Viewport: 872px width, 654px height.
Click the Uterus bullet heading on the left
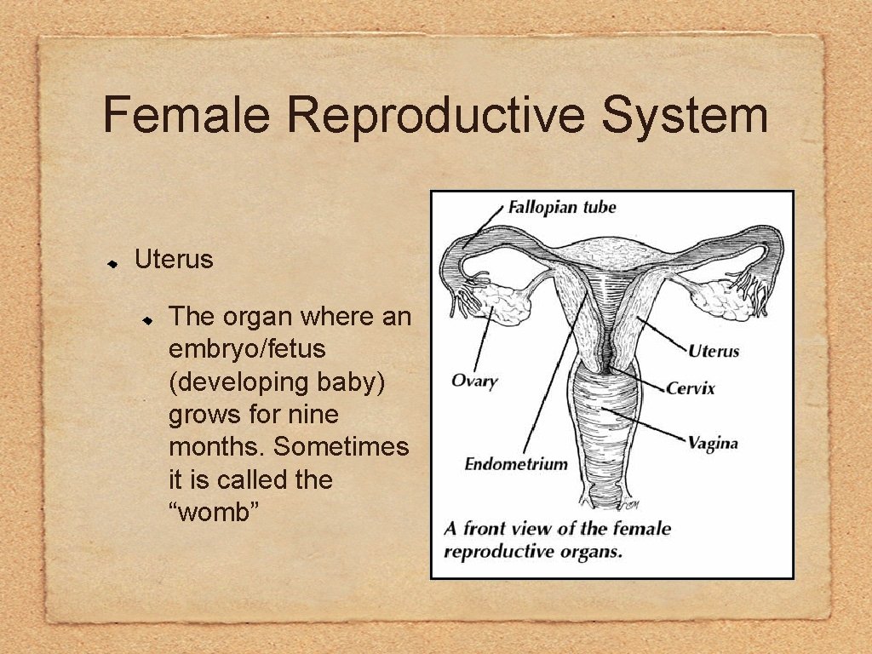174,260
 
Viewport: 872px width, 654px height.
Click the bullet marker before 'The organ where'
146,319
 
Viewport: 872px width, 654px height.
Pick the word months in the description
217,447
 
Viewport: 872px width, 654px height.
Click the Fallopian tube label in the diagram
561,207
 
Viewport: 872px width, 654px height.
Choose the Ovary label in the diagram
473,380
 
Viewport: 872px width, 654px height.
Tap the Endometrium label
515,464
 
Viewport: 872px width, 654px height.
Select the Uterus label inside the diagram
714,350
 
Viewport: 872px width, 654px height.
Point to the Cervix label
691,388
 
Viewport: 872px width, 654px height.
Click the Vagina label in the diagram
713,443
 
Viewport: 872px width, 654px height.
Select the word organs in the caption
591,551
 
